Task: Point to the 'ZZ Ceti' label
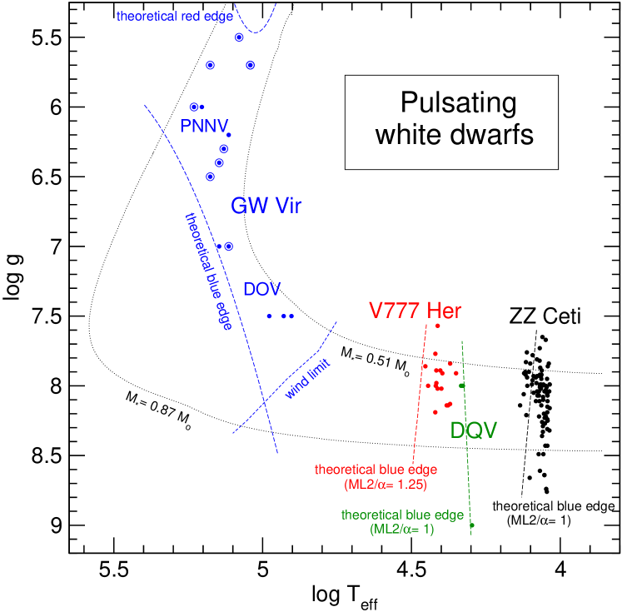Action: [545, 316]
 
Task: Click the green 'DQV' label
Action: [474, 430]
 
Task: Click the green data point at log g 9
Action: [472, 525]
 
